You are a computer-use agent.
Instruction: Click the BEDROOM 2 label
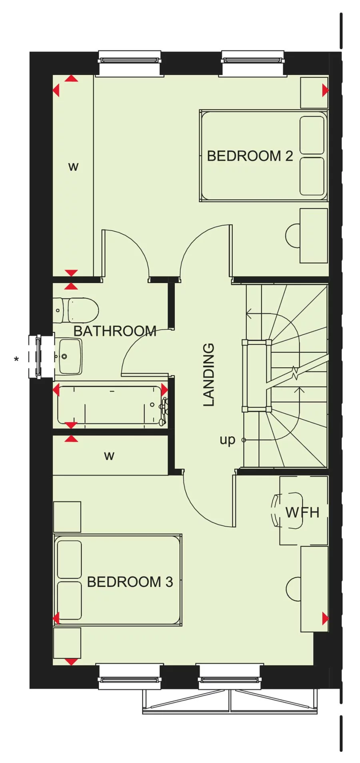click(250, 156)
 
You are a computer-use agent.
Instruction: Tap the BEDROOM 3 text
click(130, 582)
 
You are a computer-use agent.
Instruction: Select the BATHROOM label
click(115, 331)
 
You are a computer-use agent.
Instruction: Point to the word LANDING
click(209, 375)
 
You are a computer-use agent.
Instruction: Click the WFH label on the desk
click(302, 512)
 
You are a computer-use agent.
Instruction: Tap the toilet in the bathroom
click(78, 310)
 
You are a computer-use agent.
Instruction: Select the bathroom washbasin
click(69, 356)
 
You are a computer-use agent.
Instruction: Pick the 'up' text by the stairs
click(227, 440)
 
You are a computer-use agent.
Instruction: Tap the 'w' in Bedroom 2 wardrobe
click(73, 166)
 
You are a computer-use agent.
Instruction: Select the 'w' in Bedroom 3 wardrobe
click(109, 456)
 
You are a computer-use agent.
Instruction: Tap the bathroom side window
click(38, 356)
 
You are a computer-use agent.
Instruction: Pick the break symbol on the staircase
click(295, 374)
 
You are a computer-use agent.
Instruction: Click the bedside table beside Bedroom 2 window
click(314, 92)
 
